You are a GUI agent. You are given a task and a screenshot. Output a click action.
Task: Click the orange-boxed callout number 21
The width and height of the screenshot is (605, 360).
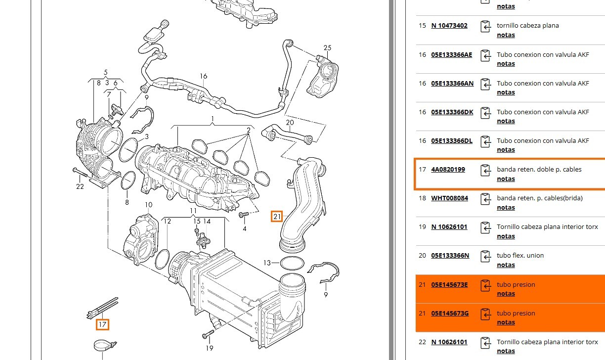click(277, 216)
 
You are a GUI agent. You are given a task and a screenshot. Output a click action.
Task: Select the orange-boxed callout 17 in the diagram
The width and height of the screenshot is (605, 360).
click(102, 324)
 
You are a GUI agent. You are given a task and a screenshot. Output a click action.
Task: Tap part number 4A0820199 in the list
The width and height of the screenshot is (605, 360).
click(448, 170)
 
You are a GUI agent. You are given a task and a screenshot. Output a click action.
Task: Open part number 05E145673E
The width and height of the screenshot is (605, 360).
click(449, 284)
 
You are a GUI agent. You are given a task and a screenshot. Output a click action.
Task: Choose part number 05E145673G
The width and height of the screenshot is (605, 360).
click(449, 313)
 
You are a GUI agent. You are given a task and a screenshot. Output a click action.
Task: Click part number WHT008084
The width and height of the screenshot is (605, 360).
click(449, 198)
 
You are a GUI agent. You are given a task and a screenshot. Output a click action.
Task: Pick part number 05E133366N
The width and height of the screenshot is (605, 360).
click(450, 256)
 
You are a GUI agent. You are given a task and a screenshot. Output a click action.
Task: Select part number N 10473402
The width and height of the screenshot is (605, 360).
click(449, 26)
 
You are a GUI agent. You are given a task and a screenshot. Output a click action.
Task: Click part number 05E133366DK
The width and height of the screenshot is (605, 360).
click(452, 112)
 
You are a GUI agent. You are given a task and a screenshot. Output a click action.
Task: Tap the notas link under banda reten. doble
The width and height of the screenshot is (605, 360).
click(506, 179)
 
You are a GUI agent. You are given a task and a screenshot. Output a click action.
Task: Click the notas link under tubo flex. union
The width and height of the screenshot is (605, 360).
click(506, 265)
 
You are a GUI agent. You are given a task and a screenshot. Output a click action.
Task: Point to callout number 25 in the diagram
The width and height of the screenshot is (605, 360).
click(327, 48)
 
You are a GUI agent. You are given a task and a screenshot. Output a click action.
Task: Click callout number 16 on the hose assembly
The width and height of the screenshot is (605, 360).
click(204, 76)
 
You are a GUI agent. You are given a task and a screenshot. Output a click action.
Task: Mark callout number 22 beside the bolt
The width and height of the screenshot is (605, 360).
click(80, 186)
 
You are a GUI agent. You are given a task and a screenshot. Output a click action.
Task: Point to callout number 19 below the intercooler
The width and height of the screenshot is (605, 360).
click(209, 348)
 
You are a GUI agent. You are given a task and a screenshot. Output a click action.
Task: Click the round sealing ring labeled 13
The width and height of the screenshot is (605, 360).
click(292, 263)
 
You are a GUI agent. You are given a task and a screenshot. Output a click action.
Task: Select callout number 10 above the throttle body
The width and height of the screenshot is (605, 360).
click(148, 205)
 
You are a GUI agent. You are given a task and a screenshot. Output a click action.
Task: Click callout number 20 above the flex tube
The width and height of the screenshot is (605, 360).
click(290, 122)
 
